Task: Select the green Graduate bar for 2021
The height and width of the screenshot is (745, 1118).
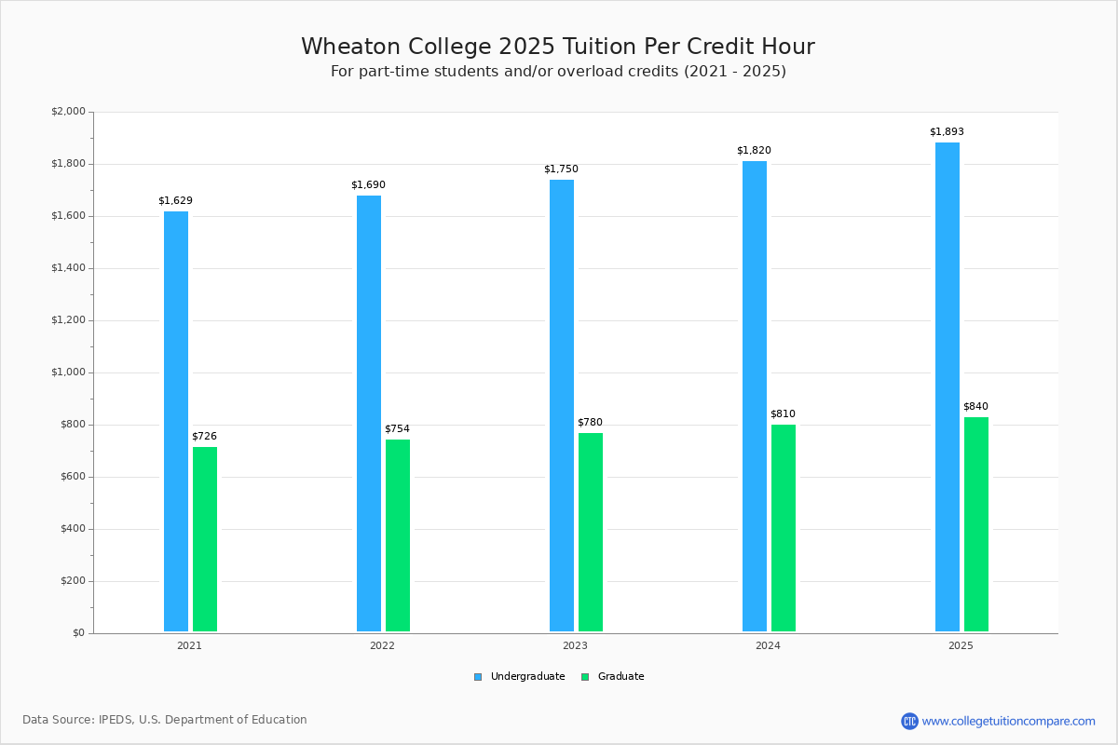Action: [x=205, y=539]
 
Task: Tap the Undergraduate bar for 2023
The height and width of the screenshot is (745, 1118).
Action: [x=562, y=405]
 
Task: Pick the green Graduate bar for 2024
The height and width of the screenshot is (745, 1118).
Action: [x=784, y=528]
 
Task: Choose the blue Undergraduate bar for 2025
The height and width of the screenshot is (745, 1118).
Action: [x=948, y=386]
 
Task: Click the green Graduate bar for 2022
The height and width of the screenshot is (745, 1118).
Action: [x=398, y=535]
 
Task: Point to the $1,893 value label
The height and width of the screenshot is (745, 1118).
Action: [x=947, y=132]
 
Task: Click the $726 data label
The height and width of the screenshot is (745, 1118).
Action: [x=204, y=437]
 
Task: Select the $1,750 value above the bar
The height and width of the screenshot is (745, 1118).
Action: [x=561, y=169]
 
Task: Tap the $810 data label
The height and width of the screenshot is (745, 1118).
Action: [x=783, y=414]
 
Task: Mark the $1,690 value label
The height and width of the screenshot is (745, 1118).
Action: [x=368, y=185]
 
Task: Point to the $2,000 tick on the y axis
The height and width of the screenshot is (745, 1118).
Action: [x=68, y=112]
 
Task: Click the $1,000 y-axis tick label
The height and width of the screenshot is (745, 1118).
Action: [x=68, y=372]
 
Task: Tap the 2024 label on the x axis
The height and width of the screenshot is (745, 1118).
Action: [x=768, y=645]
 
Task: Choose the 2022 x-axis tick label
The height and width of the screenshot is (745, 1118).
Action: [x=382, y=645]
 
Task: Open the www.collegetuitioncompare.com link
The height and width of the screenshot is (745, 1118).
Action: [x=1008, y=721]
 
